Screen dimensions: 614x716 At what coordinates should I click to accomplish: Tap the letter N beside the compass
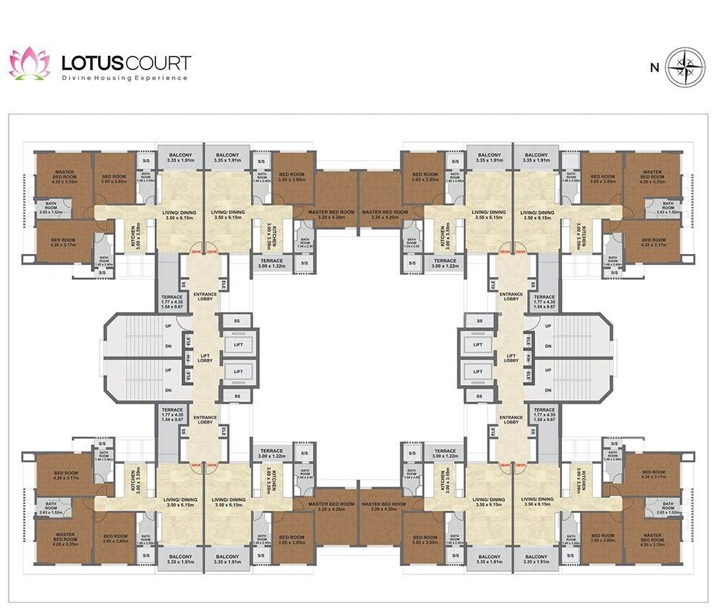(654, 68)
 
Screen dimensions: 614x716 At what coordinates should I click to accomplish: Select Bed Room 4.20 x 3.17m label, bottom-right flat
(653, 476)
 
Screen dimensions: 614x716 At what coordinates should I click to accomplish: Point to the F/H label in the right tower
(528, 358)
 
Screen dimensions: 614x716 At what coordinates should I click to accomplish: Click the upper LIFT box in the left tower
(238, 345)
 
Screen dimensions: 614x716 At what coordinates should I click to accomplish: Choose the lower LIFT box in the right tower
(478, 371)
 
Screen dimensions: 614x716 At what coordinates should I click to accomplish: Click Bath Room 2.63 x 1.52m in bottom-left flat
(51, 510)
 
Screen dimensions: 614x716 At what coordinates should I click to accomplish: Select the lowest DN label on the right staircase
(548, 391)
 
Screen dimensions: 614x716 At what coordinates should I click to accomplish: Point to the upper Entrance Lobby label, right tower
(511, 296)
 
